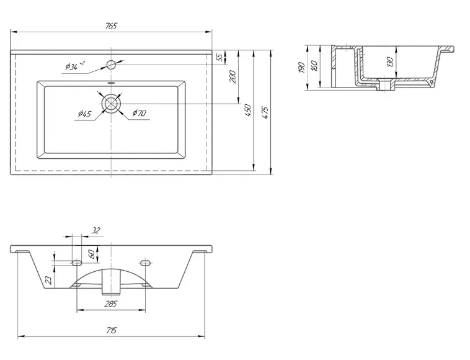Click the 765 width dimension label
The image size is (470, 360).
[x=111, y=26]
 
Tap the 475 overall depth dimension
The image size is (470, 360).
[x=265, y=112]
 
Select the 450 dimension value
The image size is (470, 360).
[x=248, y=110]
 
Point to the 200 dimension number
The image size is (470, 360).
[x=233, y=77]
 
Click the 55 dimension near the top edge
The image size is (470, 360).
[x=219, y=57]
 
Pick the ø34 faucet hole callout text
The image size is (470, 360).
[x=75, y=65]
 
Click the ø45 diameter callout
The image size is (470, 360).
[x=84, y=114]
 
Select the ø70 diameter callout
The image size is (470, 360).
[x=140, y=113]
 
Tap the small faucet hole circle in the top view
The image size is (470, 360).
[x=111, y=65]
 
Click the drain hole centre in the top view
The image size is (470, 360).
[x=111, y=104]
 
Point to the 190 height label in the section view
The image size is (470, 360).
[x=302, y=68]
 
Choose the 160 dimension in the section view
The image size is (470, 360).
[x=314, y=66]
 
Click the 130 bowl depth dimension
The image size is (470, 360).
[x=390, y=62]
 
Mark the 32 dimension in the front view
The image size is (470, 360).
[x=95, y=230]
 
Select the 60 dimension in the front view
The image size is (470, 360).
[x=92, y=254]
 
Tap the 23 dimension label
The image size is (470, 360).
[x=49, y=280]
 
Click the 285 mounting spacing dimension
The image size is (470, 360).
[x=110, y=304]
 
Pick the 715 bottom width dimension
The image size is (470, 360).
[x=111, y=330]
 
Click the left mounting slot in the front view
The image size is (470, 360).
[x=77, y=263]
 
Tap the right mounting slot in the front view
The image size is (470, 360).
[x=145, y=263]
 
